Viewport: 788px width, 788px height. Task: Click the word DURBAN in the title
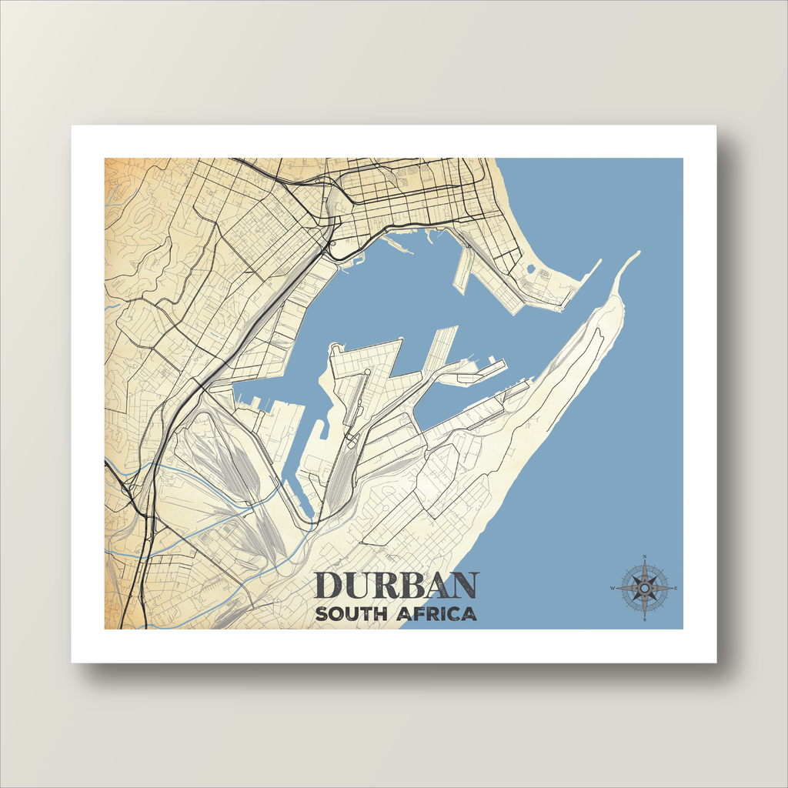point(396,586)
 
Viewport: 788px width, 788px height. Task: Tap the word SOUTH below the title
point(351,614)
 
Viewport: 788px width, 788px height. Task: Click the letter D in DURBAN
point(329,586)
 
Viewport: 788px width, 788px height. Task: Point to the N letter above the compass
point(645,556)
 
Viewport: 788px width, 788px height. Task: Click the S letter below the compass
point(645,620)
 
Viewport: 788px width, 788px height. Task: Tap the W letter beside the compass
point(613,589)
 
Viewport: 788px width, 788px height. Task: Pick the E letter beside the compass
point(676,589)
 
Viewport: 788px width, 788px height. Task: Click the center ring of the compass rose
point(645,589)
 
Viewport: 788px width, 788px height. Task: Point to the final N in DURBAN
point(465,586)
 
